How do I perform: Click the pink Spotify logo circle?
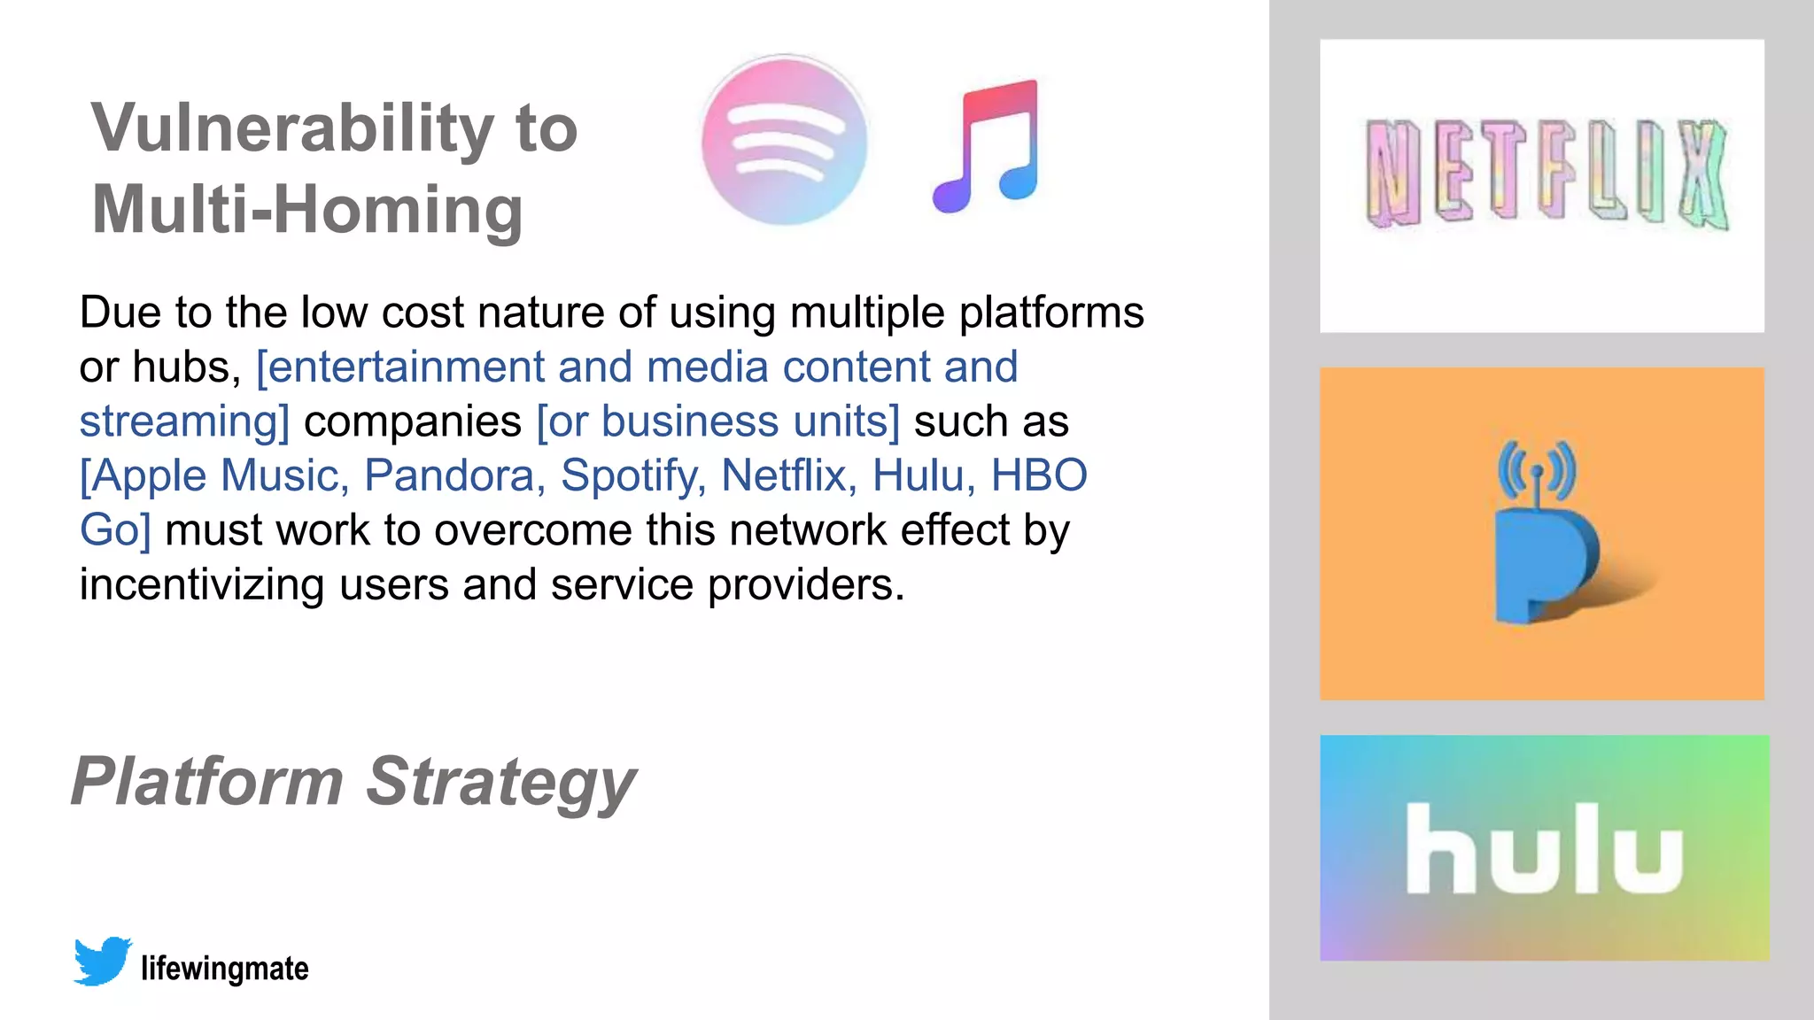pyautogui.click(x=784, y=140)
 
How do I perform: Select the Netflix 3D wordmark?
pyautogui.click(x=1546, y=174)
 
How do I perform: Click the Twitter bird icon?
pyautogui.click(x=102, y=961)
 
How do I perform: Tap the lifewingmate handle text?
pyautogui.click(x=225, y=969)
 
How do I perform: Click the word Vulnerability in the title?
pyautogui.click(x=292, y=128)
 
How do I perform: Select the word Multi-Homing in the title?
pyautogui.click(x=307, y=210)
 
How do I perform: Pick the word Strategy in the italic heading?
pyautogui.click(x=500, y=783)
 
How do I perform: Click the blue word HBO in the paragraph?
pyautogui.click(x=1039, y=475)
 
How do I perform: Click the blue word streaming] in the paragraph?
pyautogui.click(x=184, y=421)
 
